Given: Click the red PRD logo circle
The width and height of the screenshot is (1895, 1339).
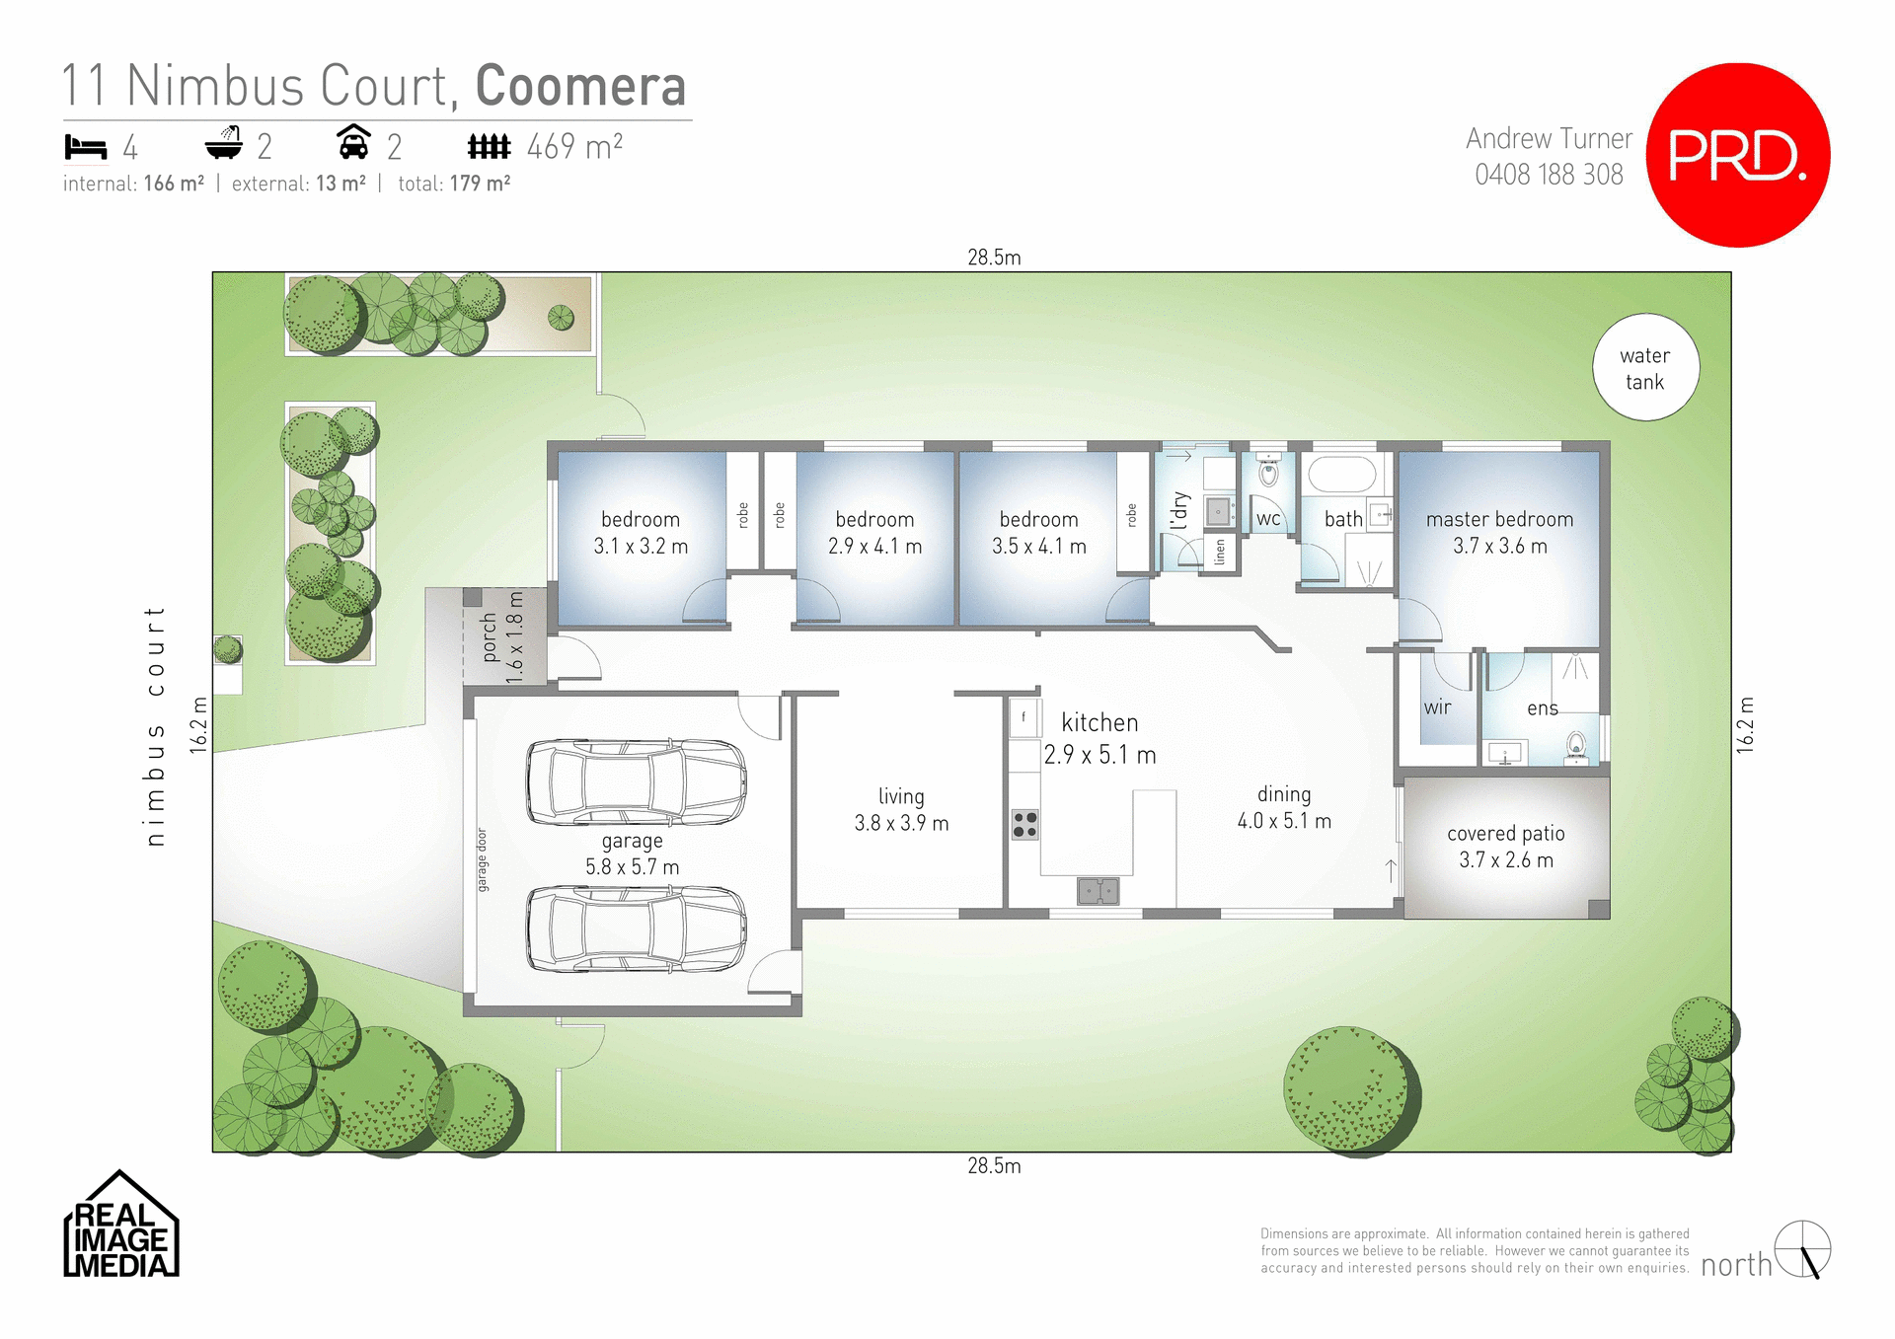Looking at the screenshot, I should coord(1738,155).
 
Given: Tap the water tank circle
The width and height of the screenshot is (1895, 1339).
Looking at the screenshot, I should coord(1645,368).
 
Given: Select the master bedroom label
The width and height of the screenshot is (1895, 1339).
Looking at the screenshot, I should coord(1499,519).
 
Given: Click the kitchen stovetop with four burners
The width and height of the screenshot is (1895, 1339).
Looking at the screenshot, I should coord(1024,824).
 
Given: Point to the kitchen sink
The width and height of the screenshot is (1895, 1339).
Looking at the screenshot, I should coord(1098,891).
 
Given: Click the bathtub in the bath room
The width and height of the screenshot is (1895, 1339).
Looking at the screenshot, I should coord(1341,475).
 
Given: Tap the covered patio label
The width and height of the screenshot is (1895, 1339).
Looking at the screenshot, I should coord(1505,834).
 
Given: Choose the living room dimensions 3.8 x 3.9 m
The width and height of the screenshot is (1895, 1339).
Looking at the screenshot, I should coord(901,823).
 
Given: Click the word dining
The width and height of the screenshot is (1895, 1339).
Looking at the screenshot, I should coord(1284,794).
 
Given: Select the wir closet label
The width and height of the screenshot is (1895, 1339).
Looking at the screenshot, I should coord(1437,707).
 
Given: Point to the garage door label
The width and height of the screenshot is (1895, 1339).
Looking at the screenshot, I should coord(482,859).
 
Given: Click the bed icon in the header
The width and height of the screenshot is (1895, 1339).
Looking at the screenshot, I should coord(86,147).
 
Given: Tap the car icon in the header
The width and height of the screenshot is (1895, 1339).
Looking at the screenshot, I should coord(353,143).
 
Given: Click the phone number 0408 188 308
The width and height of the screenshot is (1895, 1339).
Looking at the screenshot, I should coord(1549,175).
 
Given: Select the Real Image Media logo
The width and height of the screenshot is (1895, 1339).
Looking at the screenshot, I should coord(120,1226).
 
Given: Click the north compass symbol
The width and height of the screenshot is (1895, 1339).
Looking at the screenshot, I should coord(1802,1249).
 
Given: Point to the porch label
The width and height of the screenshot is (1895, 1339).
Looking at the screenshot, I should coord(490,637).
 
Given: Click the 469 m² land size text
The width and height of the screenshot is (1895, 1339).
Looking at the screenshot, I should coord(574,147).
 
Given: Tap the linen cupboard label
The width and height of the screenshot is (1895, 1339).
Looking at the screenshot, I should coord(1220,553).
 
